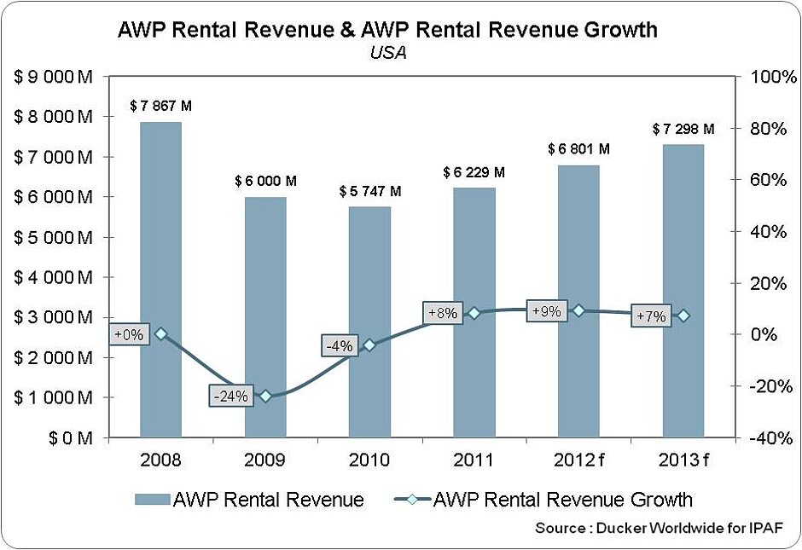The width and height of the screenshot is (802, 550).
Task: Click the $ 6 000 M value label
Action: click(266, 181)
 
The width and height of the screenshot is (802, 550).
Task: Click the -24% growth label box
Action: click(230, 396)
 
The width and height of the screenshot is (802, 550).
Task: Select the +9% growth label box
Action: click(545, 311)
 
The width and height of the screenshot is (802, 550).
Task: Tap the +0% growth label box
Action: click(127, 334)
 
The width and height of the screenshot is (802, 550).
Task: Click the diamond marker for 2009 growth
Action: click(265, 396)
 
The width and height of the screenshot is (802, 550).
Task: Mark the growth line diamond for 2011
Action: click(474, 313)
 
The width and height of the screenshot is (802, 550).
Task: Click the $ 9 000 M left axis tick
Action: click(53, 77)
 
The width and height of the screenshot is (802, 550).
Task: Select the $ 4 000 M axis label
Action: click(53, 277)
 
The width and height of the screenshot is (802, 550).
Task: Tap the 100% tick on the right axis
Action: click(771, 77)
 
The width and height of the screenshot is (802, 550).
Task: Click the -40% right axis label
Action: click(771, 437)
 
